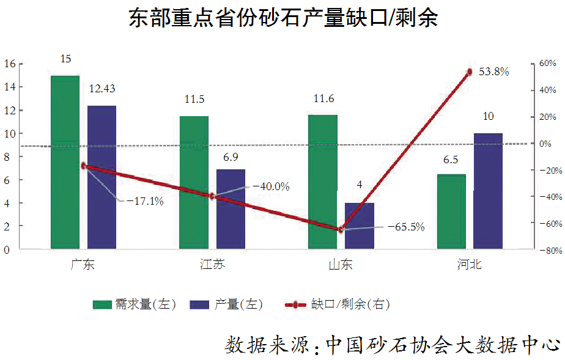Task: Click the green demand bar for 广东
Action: click(x=65, y=162)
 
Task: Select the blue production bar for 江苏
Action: click(x=231, y=209)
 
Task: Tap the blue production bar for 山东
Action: click(x=360, y=226)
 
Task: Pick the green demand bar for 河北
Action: click(x=451, y=211)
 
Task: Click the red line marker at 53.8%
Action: click(x=470, y=72)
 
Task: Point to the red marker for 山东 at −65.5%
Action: click(x=341, y=229)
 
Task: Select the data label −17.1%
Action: click(x=145, y=200)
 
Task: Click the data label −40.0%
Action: click(x=271, y=187)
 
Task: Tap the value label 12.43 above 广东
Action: click(x=102, y=89)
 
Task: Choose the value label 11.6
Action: click(x=322, y=99)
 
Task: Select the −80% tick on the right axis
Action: click(x=546, y=250)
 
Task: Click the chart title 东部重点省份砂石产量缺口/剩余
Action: click(x=283, y=18)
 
